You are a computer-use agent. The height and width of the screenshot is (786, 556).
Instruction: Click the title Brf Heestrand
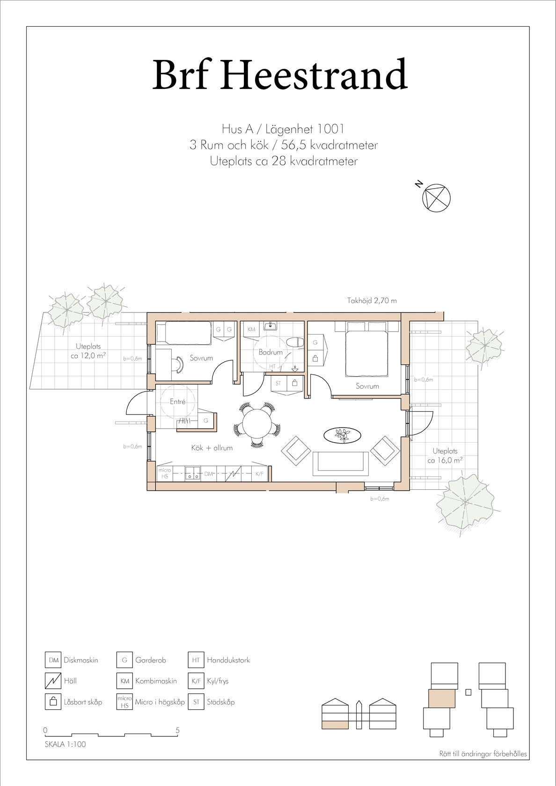(280, 75)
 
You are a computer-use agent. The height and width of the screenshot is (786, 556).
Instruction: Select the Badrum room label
(271, 352)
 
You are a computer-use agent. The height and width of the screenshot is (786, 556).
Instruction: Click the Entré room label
(178, 401)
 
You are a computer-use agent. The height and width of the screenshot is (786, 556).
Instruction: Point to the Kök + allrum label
(212, 448)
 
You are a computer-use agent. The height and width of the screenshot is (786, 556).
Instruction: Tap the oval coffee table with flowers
(342, 436)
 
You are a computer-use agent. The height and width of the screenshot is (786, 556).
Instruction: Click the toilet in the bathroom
(295, 342)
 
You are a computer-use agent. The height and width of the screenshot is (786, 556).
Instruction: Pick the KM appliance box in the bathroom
(252, 329)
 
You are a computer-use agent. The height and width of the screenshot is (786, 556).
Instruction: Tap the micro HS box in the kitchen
(165, 473)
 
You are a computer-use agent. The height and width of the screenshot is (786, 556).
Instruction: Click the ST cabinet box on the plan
(278, 383)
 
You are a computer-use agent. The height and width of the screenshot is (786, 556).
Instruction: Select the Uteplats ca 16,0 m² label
(445, 456)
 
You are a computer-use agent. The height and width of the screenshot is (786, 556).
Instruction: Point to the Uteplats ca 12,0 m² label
(88, 351)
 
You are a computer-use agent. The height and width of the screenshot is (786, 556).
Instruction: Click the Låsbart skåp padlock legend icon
(53, 702)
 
